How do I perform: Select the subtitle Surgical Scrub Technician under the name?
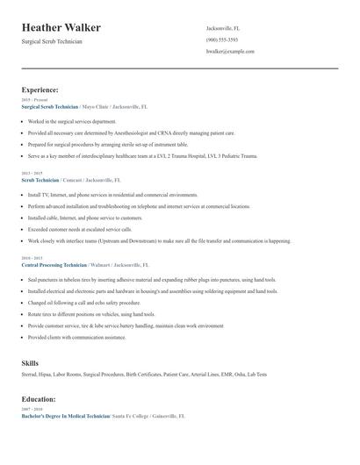(x=52, y=42)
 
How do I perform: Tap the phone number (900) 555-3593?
(x=222, y=40)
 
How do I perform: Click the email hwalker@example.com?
(x=230, y=52)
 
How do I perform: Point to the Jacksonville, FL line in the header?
(x=224, y=28)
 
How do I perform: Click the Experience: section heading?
(x=40, y=89)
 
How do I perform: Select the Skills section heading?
(x=30, y=361)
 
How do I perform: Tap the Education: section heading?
(x=40, y=400)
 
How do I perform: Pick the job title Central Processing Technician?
(x=54, y=264)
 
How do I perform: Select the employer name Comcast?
(x=76, y=179)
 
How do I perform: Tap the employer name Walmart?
(x=104, y=264)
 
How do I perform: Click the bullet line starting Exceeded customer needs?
(x=81, y=229)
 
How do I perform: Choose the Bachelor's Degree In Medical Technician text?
(x=66, y=416)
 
